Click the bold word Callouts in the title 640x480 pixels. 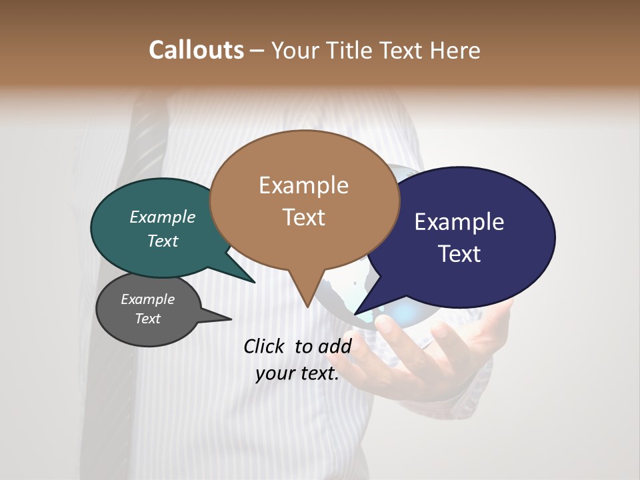coord(196,50)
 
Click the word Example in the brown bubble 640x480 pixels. coord(303,185)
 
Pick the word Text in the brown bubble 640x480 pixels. coord(303,217)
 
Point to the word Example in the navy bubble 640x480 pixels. coord(459,222)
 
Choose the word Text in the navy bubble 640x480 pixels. coord(459,254)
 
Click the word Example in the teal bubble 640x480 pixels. coord(163,217)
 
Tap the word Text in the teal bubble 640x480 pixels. coord(163,241)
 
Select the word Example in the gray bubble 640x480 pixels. coord(147,299)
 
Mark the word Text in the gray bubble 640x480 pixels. coord(147,319)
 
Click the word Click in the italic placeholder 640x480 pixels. coord(265,346)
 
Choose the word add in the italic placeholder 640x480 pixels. coord(335,346)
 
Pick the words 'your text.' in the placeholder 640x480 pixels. coord(297,374)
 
